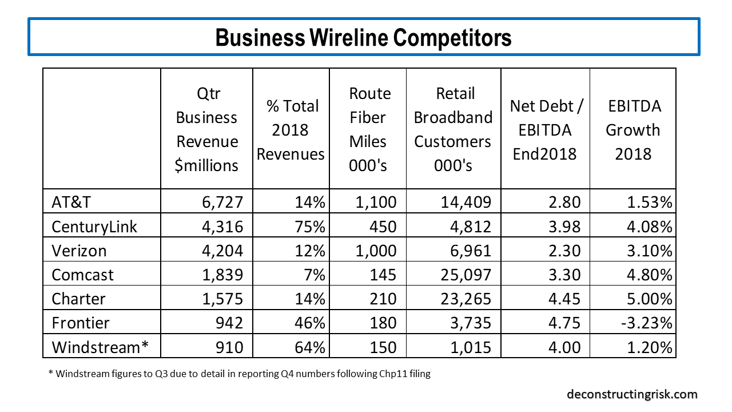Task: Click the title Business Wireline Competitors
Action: [x=364, y=37]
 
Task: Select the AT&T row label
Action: [x=71, y=202]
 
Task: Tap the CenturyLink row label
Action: [x=94, y=227]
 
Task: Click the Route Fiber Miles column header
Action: [x=369, y=129]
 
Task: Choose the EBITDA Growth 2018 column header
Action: [x=632, y=129]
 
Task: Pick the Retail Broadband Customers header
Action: [x=453, y=129]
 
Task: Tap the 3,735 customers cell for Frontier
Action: [x=469, y=323]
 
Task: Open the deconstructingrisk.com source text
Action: [x=632, y=394]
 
